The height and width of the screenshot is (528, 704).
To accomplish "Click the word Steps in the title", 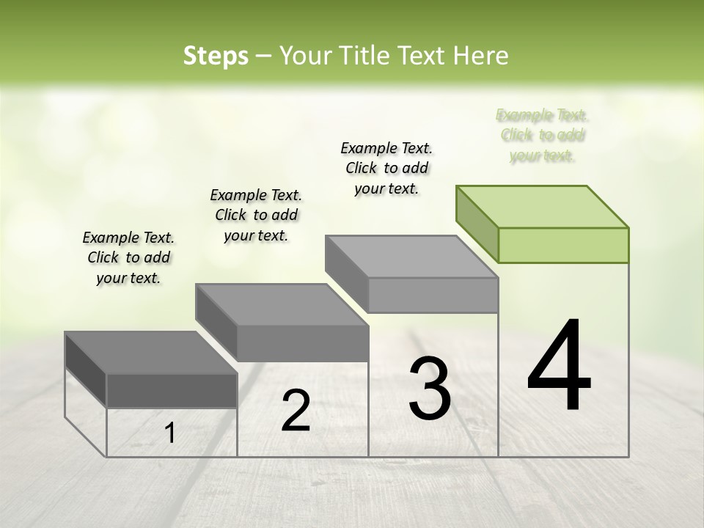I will [216, 56].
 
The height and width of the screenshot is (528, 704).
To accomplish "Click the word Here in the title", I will [481, 56].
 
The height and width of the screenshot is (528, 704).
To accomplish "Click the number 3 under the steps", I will [430, 388].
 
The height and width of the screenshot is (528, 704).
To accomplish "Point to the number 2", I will [296, 411].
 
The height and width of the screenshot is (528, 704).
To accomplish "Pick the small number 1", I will [169, 433].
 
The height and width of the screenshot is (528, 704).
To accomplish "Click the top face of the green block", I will [543, 206].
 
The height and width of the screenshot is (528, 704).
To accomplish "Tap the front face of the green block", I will [563, 245].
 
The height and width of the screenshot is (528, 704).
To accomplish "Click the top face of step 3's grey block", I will [412, 256].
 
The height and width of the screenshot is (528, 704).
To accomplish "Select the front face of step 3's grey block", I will [433, 295].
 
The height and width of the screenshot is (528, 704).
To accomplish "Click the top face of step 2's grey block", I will [282, 304].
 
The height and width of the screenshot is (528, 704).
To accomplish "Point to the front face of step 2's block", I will [303, 343].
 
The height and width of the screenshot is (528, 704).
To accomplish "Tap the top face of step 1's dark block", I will [151, 353].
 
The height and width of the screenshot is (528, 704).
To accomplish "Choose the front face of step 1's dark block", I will [172, 390].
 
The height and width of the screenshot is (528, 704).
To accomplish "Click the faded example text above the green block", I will [542, 136].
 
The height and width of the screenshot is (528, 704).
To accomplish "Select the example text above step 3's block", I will [386, 168].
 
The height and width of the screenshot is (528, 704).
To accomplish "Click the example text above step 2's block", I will [256, 215].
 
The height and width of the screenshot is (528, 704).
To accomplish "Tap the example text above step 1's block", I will [128, 257].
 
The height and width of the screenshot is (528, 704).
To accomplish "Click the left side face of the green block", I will [477, 224].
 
